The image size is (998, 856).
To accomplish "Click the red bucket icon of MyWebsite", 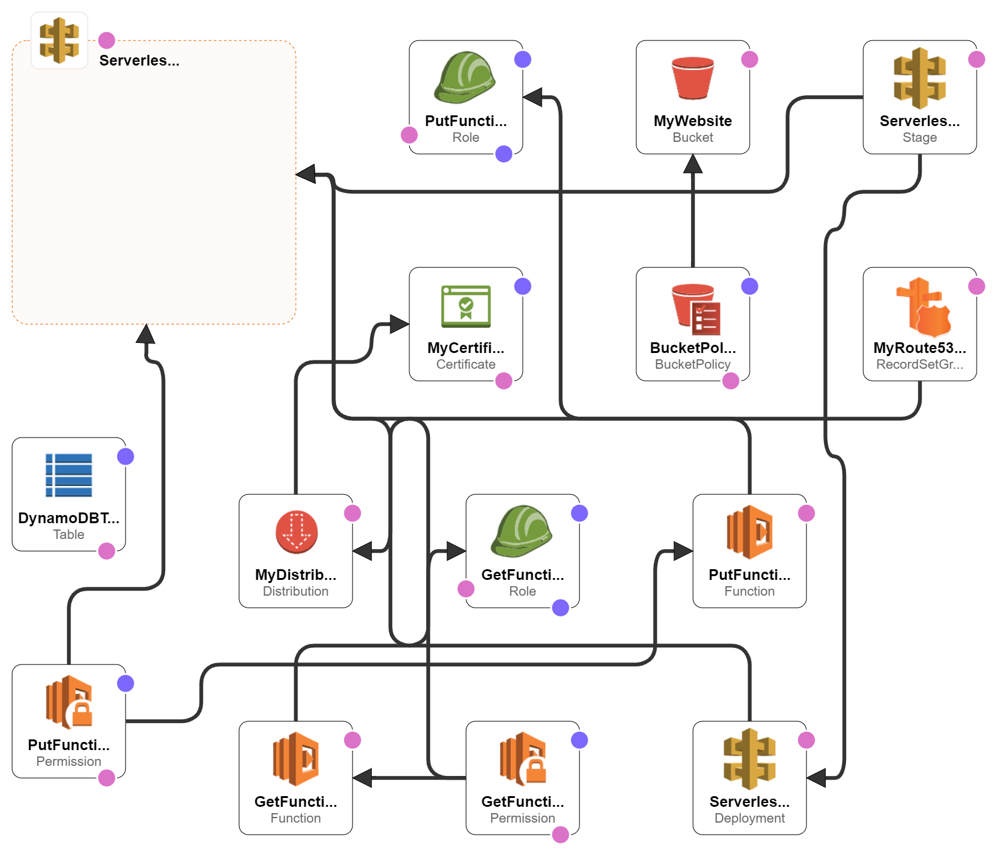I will pos(692,78).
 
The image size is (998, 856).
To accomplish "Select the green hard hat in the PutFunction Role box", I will pos(465,78).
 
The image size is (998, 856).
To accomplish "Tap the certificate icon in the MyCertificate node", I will pos(466,306).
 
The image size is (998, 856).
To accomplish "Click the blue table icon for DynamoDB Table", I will pos(69,475).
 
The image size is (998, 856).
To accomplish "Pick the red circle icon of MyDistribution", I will pos(296,531).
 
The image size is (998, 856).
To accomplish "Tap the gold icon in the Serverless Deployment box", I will pos(749,759).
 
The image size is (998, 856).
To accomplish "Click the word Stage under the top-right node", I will pos(919,137).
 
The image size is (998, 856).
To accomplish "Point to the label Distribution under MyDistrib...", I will pos(296,591).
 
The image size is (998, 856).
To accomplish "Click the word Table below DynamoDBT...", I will pos(69,535).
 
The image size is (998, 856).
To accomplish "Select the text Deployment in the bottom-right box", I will pos(749,818).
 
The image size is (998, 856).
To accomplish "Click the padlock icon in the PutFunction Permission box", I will pos(82,714).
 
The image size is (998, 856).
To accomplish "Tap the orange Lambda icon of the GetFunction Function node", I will pos(296,758).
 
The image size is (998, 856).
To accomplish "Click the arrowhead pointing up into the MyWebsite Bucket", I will pos(693,164).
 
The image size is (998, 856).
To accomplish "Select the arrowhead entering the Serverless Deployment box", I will pos(816,778).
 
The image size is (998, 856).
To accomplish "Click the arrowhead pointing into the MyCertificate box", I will pos(400,324).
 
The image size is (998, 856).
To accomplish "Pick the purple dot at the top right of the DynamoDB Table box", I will pos(125,456).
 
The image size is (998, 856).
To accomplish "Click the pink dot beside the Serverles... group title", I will pos(107,40).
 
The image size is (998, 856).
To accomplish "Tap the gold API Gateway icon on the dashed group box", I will pos(59,40).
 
